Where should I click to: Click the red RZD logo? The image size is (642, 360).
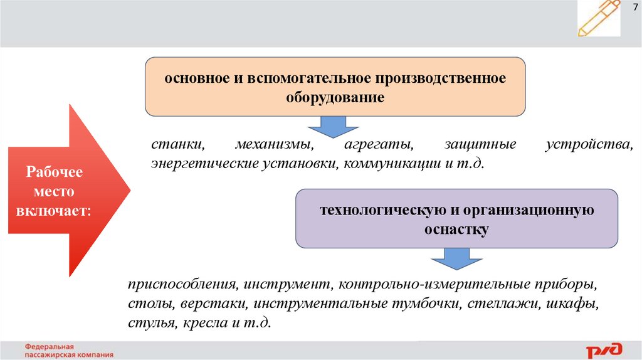pyautogui.click(x=604, y=349)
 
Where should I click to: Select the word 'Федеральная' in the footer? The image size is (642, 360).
pyautogui.click(x=50, y=346)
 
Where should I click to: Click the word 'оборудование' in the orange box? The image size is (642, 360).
pyautogui.click(x=335, y=98)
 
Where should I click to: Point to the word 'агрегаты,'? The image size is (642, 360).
pyautogui.click(x=378, y=145)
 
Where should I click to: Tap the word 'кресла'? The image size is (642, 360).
pyautogui.click(x=206, y=324)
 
